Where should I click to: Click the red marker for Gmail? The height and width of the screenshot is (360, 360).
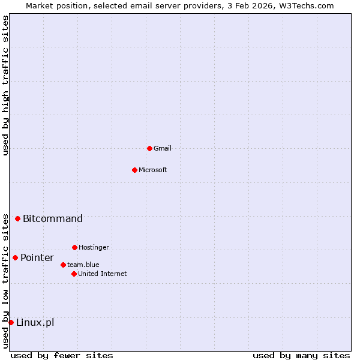(x=149, y=148)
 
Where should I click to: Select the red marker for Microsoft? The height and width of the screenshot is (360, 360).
(x=134, y=170)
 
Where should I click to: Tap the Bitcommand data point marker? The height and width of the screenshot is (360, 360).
(x=18, y=218)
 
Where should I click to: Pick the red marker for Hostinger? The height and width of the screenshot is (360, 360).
(x=74, y=247)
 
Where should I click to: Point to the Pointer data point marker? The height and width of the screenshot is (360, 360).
(x=15, y=257)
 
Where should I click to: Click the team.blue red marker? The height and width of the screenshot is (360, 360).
(x=63, y=265)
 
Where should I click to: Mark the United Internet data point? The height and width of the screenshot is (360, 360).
(x=74, y=274)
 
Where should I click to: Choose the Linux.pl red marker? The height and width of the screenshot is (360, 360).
(x=11, y=322)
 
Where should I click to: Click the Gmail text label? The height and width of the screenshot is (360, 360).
(x=163, y=148)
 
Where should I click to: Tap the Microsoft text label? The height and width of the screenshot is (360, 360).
(x=153, y=170)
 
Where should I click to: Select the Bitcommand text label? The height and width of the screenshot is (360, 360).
(x=53, y=218)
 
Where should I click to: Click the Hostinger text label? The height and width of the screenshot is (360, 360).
(x=94, y=247)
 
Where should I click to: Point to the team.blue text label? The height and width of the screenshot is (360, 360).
(x=83, y=265)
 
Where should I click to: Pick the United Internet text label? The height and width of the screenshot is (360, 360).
(x=103, y=274)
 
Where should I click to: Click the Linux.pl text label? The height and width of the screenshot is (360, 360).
(x=35, y=322)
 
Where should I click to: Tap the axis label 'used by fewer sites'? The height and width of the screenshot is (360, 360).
(x=62, y=355)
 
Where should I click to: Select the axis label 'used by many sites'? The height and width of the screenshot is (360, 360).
(x=301, y=355)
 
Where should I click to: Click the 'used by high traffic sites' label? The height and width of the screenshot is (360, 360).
(x=5, y=85)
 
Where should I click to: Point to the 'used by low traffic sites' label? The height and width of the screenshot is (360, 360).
(x=5, y=280)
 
